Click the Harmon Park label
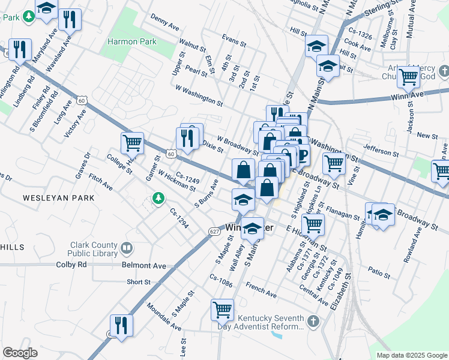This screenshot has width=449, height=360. pos(131,42)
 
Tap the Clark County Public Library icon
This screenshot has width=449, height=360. pos(127,248)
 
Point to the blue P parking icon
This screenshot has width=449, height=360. pos(302,156)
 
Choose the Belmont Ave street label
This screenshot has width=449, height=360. pos(143,265)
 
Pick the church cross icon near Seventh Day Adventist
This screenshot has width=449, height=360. pos(312,322)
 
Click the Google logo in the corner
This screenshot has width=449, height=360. pos(20,353)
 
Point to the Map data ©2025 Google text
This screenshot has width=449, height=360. pos(411,355)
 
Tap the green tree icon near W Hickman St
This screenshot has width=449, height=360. pos(158,198)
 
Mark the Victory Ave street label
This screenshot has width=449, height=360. pos(79,123)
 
